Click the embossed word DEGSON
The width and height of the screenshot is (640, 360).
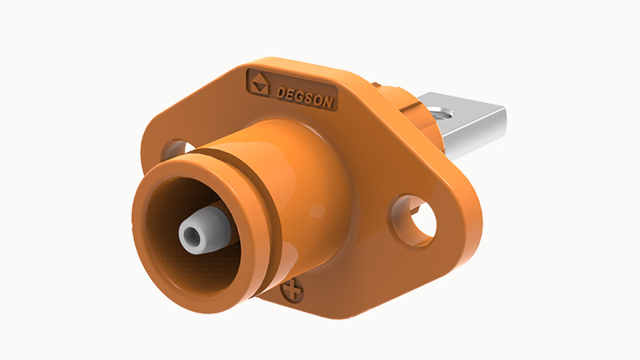305,98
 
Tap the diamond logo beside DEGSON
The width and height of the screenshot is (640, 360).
258,83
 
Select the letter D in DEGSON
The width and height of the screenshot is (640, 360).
281,93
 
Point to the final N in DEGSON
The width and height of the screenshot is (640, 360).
329,102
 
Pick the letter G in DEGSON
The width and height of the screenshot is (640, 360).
299,96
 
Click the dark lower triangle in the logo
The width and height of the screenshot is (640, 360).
259,89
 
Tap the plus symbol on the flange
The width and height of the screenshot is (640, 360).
292,291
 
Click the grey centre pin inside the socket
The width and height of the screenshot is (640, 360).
204,230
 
